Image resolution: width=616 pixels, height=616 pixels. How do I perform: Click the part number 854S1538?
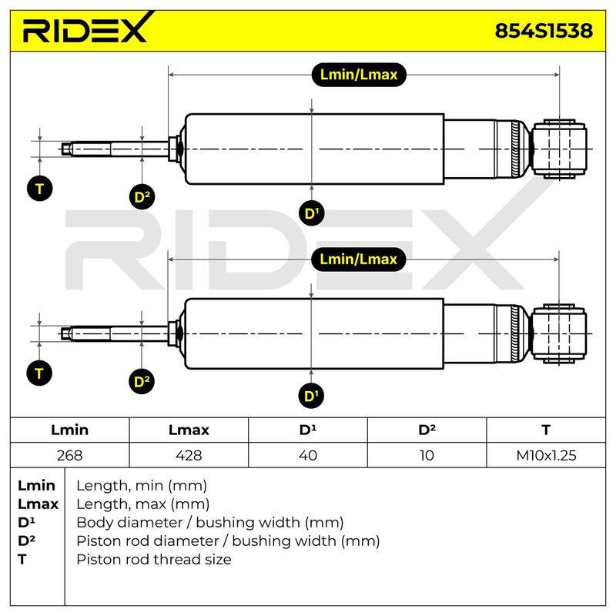pos(544,31)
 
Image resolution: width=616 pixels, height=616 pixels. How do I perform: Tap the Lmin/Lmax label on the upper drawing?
pos(359,75)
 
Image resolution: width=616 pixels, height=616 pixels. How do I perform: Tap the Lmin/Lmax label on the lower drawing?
pos(358,259)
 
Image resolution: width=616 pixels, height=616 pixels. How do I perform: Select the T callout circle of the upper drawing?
pos(40,189)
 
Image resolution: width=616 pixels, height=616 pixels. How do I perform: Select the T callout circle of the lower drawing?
pos(39,373)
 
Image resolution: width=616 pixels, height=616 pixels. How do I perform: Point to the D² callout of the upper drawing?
pos(142,197)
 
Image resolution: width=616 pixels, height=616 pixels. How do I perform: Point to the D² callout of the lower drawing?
pos(142,381)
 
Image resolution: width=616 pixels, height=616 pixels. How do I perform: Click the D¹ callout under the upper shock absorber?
pos(312,213)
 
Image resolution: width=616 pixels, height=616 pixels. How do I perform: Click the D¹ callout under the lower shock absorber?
pos(311,396)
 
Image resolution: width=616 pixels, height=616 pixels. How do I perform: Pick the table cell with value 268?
pos(69,455)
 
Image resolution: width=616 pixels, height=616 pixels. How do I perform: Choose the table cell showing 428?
pos(189,455)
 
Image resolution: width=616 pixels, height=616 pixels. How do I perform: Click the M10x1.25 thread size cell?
pos(546,455)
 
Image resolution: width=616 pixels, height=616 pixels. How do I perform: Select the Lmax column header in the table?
pos(189,430)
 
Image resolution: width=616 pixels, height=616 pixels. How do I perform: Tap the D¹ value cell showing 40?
pos(308,455)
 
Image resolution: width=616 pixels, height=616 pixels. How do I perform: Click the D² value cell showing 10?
pos(427,455)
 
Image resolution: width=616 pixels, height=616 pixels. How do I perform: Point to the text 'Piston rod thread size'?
pos(154,560)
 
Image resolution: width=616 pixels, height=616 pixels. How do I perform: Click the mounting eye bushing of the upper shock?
pos(559,149)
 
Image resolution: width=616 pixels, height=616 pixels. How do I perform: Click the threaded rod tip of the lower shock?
pos(67,334)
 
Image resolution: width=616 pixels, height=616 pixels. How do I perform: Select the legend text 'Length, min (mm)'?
pos(142,486)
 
